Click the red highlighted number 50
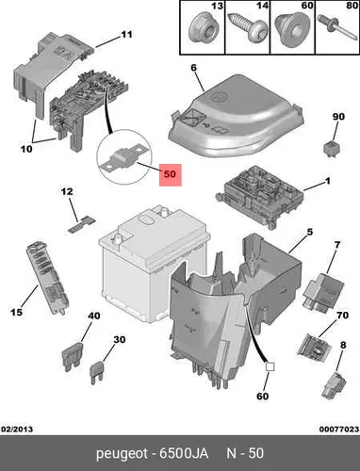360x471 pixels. pos(171,174)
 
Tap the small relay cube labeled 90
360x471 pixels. pos(332,148)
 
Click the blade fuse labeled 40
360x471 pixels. pos(73,356)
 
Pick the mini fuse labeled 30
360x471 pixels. pos(98,373)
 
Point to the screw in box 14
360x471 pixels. pos(247,29)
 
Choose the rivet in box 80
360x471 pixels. pos(335,26)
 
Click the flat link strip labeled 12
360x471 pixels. pos(81,224)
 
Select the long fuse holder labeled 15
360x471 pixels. pos(47,277)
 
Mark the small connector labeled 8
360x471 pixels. pos(334,384)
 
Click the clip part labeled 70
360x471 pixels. pos(314,348)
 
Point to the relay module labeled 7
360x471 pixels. pos(323,291)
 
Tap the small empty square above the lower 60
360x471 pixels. pos(270,366)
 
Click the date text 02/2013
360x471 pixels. pos(17,430)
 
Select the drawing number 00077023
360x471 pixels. pos(339,430)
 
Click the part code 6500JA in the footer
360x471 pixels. pos(184,454)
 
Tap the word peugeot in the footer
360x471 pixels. pos(122,454)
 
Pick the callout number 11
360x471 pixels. pos(127,34)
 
